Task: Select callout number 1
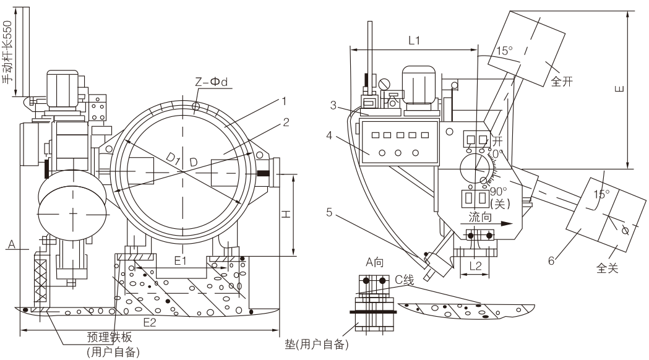(284, 99)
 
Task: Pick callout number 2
(285, 122)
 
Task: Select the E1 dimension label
(180, 262)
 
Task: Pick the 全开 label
(562, 80)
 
